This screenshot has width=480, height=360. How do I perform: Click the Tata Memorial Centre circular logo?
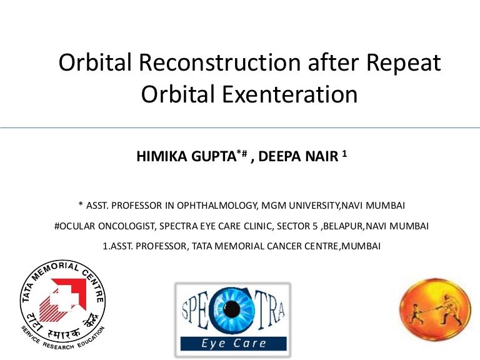(x=62, y=304)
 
